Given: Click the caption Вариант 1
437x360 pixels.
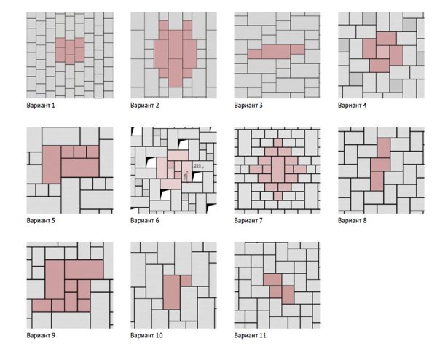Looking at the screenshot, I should (43, 106).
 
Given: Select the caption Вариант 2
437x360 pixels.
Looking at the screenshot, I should (147, 106).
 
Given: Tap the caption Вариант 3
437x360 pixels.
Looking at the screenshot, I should (251, 106).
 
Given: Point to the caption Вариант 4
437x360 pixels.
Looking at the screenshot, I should (355, 106).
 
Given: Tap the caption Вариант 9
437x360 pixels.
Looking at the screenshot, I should (43, 335).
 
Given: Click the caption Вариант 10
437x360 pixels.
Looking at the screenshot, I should (149, 335).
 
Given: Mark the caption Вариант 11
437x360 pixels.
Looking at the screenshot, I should (253, 335).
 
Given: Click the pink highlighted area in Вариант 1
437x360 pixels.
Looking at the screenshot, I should (70, 51).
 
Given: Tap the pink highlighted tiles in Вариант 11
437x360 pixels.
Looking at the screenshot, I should (279, 288).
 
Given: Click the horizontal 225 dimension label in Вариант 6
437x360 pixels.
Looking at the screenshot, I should (197, 166).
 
